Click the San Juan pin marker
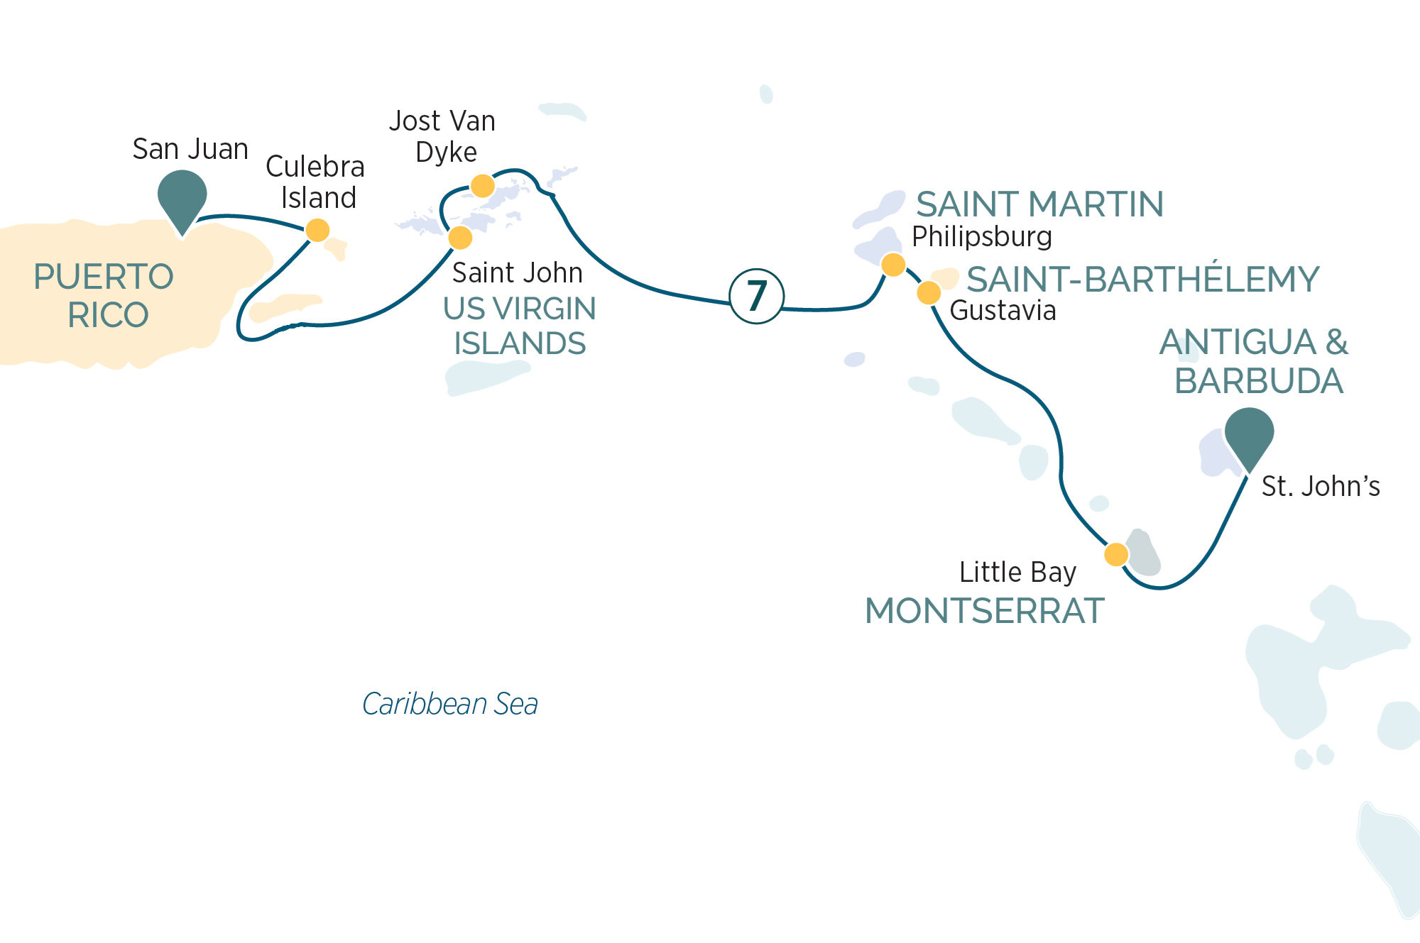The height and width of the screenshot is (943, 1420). point(182,197)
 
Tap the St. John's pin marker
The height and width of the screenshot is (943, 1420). point(1249,434)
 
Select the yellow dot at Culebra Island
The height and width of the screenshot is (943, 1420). point(317,230)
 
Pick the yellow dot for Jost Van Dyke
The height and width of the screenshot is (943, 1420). point(483,186)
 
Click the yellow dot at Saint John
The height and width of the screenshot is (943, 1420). point(460,237)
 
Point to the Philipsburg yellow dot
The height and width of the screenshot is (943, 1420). point(893,265)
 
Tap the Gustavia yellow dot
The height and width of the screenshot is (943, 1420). point(929,292)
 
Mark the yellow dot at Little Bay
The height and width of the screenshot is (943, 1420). point(1116,554)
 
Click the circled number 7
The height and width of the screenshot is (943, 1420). point(757,297)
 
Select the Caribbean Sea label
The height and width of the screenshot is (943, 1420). point(450,704)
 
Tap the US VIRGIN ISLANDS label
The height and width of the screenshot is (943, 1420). point(520,326)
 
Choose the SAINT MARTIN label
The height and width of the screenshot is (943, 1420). point(1039,204)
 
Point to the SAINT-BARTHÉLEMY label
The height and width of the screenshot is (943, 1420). point(1142,279)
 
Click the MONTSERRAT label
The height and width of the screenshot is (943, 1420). point(984,611)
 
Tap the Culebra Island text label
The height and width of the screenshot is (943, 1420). point(315,182)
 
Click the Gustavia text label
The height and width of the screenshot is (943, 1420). point(1003,311)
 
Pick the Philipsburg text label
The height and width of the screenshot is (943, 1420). point(981,237)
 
